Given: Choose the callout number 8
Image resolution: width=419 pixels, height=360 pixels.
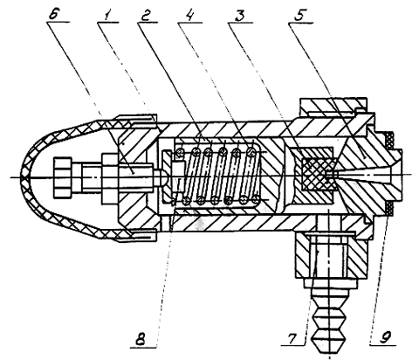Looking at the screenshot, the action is click(x=141, y=338).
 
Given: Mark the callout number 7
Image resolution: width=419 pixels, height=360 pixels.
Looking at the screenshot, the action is click(x=292, y=338).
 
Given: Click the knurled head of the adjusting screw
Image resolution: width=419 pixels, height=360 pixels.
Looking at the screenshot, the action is click(x=62, y=177).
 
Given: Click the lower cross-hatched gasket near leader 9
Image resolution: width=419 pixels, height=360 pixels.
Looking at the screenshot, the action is click(x=389, y=209).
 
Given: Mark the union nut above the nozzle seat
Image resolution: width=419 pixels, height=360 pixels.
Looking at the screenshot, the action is click(x=332, y=106).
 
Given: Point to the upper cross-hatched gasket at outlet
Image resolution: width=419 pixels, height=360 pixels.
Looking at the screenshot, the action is click(x=389, y=141).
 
